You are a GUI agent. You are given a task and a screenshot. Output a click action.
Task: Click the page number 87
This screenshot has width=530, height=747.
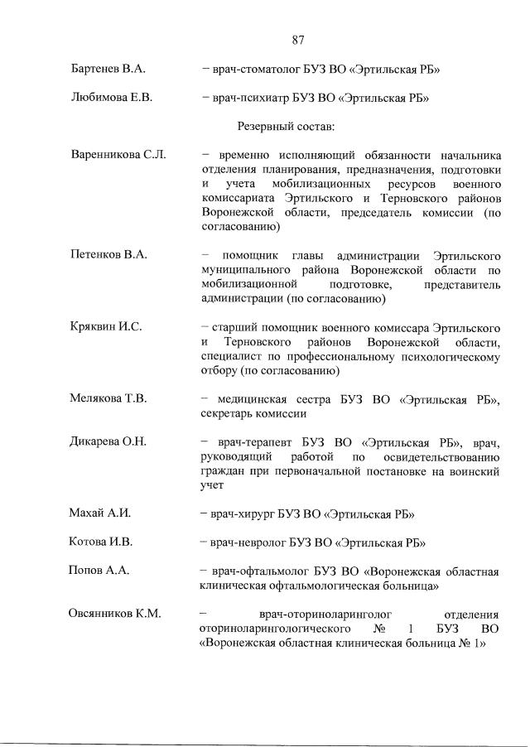tap(299, 39)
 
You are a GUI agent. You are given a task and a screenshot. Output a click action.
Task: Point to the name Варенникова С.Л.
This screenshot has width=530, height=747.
tap(118, 155)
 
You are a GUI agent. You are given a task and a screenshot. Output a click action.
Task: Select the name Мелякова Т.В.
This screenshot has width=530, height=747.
tap(108, 398)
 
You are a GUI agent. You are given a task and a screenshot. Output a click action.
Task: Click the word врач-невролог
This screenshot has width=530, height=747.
tap(248, 542)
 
